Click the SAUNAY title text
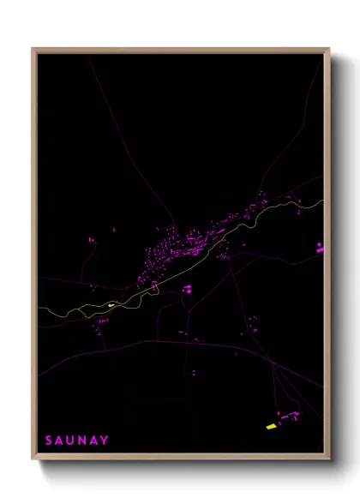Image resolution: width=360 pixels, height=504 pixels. point(77,441)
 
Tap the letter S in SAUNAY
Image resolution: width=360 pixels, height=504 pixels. point(49,441)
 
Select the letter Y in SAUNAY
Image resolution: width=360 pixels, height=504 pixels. point(105,441)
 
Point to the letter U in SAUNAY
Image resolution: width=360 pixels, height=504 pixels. point(71,441)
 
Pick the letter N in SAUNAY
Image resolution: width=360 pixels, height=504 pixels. point(82,441)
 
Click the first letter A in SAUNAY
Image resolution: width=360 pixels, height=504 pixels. point(60,441)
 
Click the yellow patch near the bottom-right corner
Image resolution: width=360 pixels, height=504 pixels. point(271,426)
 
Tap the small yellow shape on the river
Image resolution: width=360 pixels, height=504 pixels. point(111,303)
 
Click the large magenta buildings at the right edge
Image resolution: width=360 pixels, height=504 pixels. point(320,248)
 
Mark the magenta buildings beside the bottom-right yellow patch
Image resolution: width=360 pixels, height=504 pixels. point(287,417)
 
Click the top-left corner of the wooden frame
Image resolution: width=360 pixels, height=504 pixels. point(33,50)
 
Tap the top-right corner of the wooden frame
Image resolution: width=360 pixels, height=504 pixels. point(328,50)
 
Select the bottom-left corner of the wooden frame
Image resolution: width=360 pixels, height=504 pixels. point(33,455)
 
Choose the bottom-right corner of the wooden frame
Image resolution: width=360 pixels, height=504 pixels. point(328,455)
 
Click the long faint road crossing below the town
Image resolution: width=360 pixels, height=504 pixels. point(171,342)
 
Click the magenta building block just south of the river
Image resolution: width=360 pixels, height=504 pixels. point(186,289)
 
